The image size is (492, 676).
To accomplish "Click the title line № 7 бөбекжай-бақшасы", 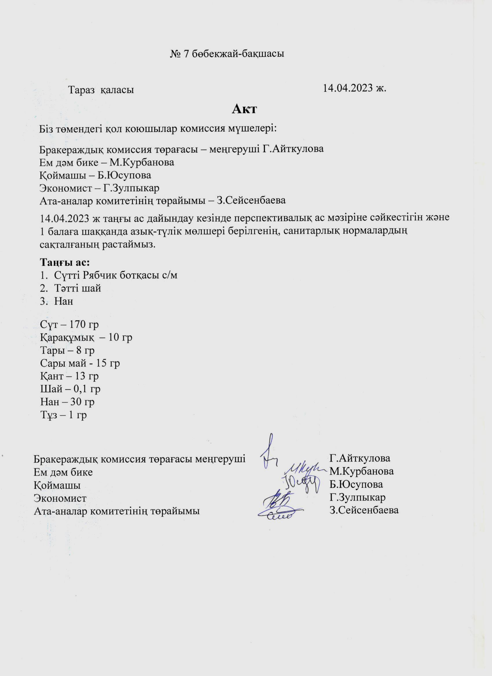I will click(227, 54).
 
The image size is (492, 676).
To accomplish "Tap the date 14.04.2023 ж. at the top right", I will click(355, 88).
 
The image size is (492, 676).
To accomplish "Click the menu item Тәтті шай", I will click(78, 288).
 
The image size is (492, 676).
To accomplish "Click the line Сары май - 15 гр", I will click(80, 363).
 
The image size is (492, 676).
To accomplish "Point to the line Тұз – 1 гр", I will click(64, 415).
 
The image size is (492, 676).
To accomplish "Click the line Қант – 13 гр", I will click(69, 376).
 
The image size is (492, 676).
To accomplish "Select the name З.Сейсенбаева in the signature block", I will click(364, 510).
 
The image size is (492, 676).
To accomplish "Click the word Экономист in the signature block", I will click(60, 498).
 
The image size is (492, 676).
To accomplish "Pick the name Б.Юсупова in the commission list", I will click(124, 175).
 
